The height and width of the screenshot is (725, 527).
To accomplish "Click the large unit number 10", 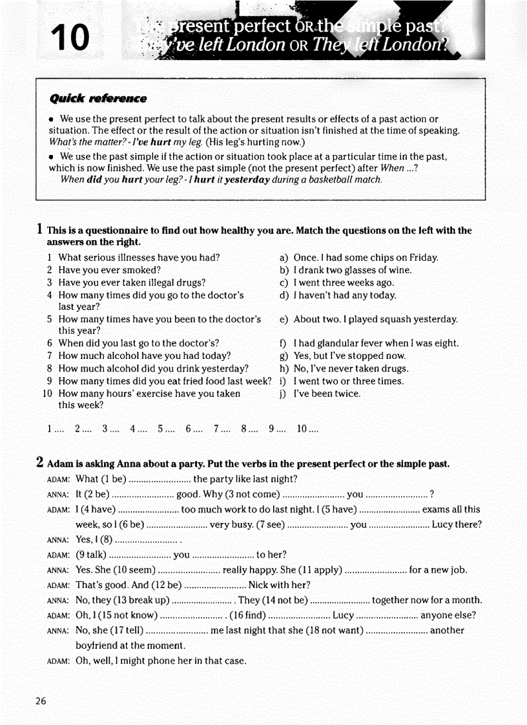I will point(70,37).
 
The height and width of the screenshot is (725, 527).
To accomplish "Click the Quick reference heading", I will point(98,99).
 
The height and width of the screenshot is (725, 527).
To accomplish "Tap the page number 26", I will point(41,701).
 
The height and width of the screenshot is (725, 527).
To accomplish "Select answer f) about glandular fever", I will point(375,343).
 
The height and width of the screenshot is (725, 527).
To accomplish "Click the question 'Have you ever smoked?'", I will point(109,270).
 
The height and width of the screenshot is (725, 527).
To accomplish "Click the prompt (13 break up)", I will point(136,600).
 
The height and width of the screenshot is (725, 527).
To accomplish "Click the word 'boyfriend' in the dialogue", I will point(98,646).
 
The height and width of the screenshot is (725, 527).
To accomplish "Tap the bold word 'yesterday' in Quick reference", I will point(247,179).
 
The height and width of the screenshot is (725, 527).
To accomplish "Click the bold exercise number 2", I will point(40,462).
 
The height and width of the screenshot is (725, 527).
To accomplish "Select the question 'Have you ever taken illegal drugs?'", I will point(132,282).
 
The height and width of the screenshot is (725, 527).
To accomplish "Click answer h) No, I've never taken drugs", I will point(351,369).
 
